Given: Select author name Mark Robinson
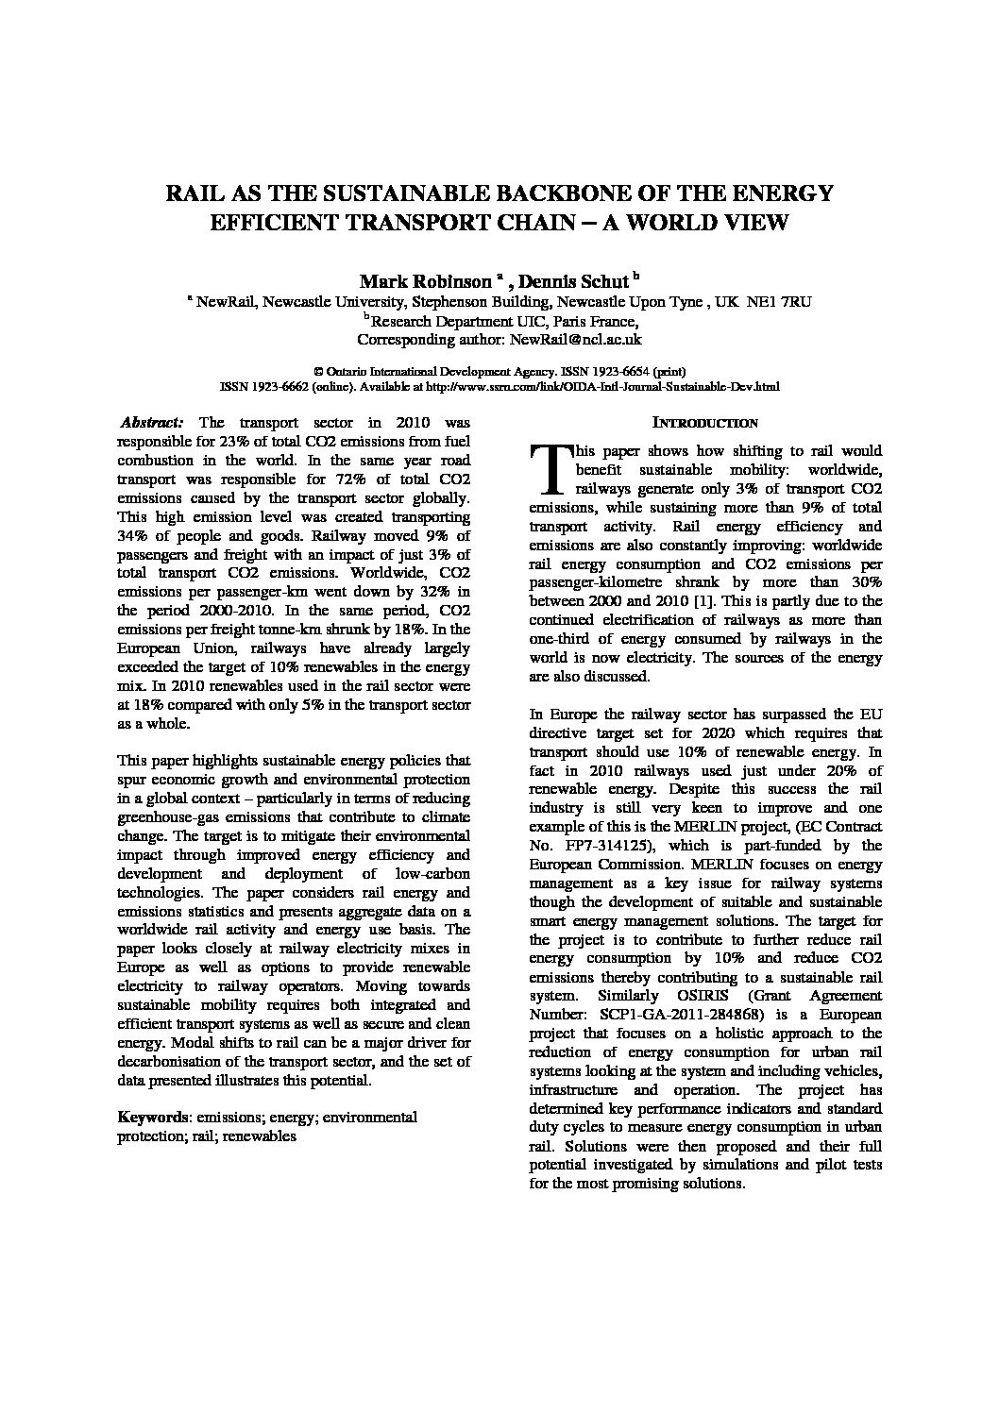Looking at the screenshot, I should (425, 281).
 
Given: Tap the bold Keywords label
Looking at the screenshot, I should (152, 1118).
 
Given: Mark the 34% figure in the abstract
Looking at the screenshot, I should (131, 536).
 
